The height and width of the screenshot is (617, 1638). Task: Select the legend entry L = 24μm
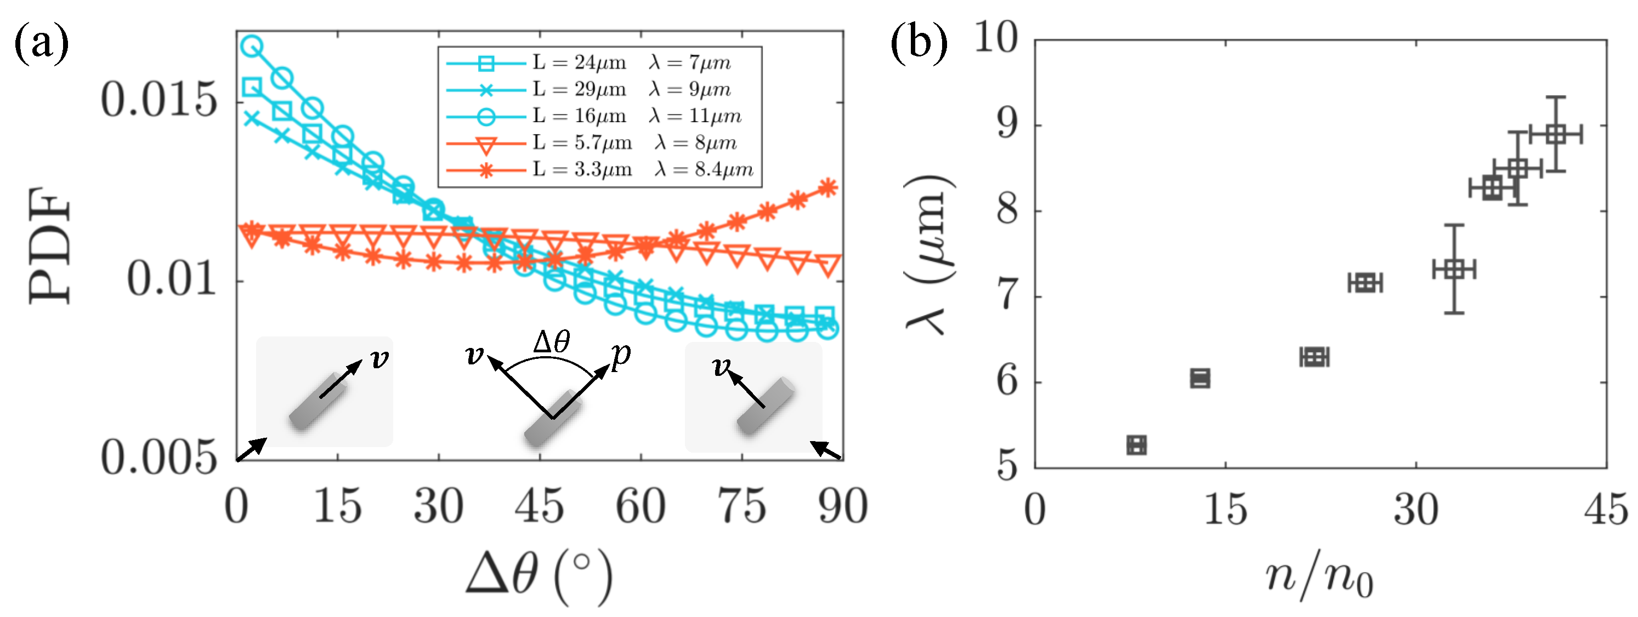click(579, 62)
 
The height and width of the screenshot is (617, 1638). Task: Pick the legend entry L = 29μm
click(579, 89)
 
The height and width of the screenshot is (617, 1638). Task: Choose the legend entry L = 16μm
click(579, 116)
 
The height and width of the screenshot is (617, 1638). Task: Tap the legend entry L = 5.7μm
click(582, 142)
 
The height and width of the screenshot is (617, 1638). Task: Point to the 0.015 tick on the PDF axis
click(159, 100)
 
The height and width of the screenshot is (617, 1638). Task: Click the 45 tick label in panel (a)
click(539, 507)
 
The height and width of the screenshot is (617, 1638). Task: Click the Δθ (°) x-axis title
click(539, 575)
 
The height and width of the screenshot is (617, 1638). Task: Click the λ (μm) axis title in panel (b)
click(929, 254)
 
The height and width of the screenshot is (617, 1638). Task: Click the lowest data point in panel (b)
click(1136, 445)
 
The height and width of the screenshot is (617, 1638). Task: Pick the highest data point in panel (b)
click(1555, 134)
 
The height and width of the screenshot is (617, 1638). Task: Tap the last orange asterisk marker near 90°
click(827, 187)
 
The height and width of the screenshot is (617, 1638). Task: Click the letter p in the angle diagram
click(621, 355)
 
